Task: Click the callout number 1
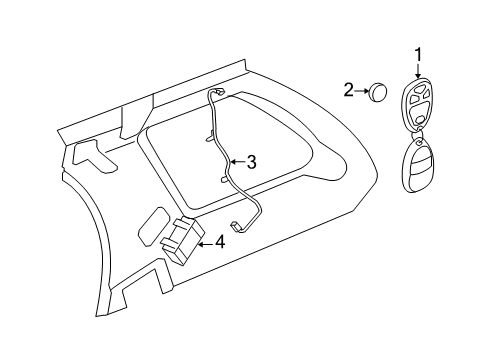click(x=419, y=55)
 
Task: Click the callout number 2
click(x=350, y=91)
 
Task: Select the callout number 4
click(x=219, y=240)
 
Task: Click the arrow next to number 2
click(x=363, y=91)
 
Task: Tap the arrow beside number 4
click(x=204, y=240)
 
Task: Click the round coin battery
click(x=380, y=92)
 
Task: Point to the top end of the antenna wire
click(x=217, y=92)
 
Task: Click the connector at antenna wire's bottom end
click(x=237, y=227)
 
